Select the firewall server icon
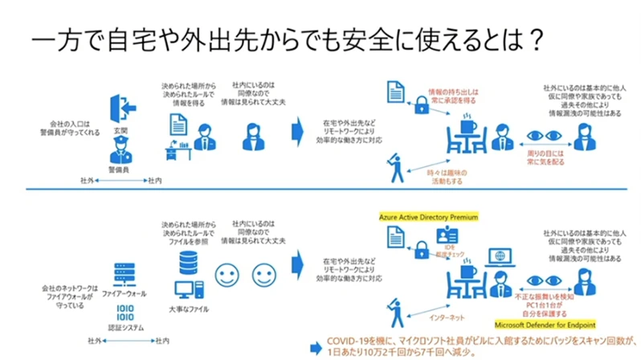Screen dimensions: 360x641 click(x=120, y=275)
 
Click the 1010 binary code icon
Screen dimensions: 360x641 click(x=120, y=311)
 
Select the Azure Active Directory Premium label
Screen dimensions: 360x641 click(x=429, y=216)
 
